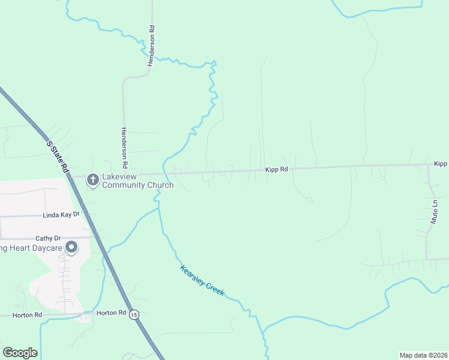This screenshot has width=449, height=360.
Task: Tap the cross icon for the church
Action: (93, 180)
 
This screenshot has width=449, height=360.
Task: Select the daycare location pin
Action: (71, 247)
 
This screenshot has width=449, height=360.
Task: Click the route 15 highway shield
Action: (134, 314)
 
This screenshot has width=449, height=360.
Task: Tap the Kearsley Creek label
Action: (202, 280)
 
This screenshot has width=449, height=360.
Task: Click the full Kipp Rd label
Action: (277, 170)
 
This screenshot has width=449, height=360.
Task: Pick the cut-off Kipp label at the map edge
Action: (441, 164)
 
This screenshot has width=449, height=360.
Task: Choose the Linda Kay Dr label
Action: (61, 214)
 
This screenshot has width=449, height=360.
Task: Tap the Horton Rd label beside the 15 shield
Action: (111, 313)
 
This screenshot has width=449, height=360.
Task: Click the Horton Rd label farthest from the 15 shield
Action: (29, 314)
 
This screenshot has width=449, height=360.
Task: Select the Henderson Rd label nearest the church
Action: (124, 147)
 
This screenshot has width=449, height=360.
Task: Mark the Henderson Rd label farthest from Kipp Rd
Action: (152, 45)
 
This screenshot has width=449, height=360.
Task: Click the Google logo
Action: (20, 353)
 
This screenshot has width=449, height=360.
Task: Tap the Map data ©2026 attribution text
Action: (423, 355)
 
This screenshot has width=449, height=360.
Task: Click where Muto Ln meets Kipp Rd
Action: (429, 165)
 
